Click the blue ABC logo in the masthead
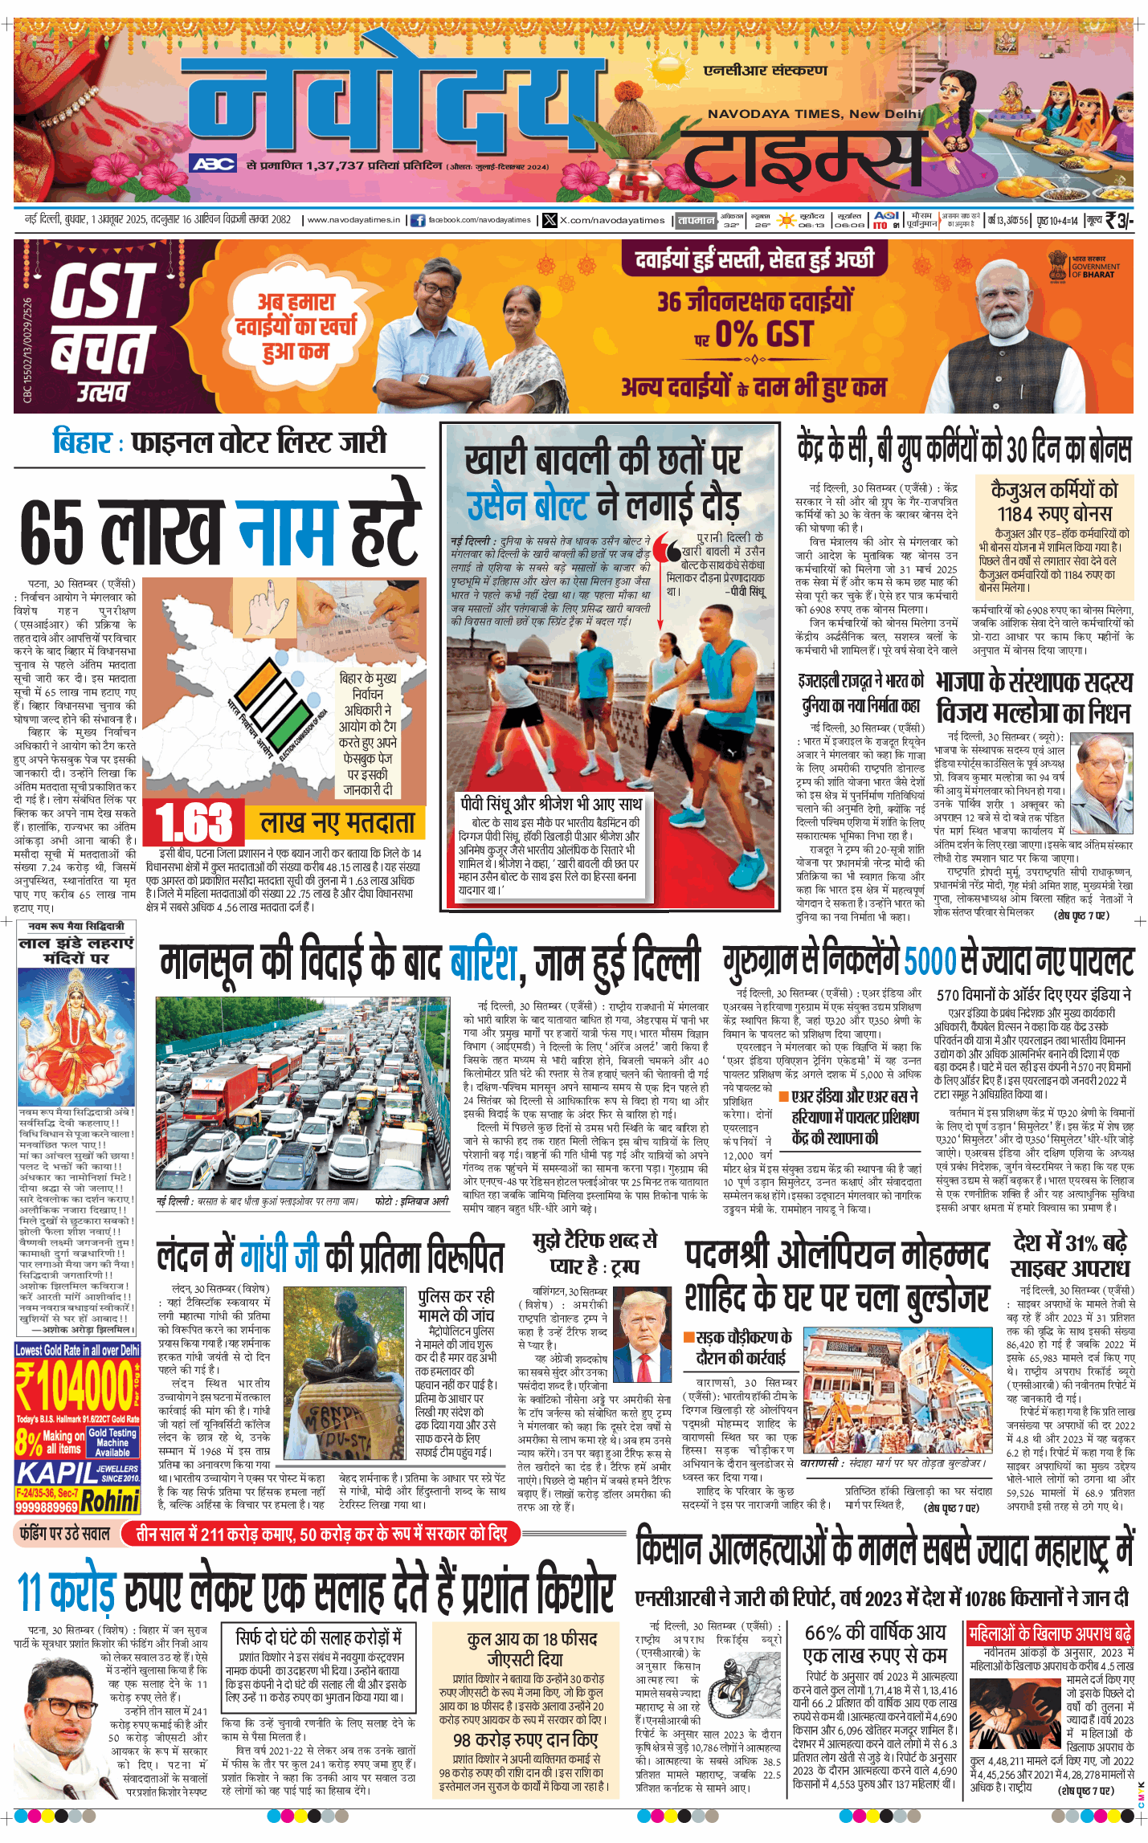214,164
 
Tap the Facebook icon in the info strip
418,220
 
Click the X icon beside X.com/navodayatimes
549,220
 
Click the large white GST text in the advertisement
102,291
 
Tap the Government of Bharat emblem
1058,262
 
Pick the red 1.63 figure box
194,823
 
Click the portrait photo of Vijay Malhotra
1104,773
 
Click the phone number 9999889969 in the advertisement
47,1507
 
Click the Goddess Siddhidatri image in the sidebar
76,1036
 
